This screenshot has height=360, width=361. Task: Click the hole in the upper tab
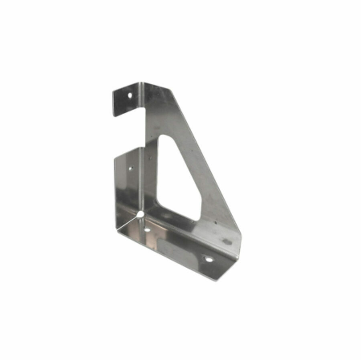130,96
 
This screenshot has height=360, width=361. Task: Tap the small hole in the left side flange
130,168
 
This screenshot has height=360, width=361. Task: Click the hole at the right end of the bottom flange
208,259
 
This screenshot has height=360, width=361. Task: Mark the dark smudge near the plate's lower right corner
227,242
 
